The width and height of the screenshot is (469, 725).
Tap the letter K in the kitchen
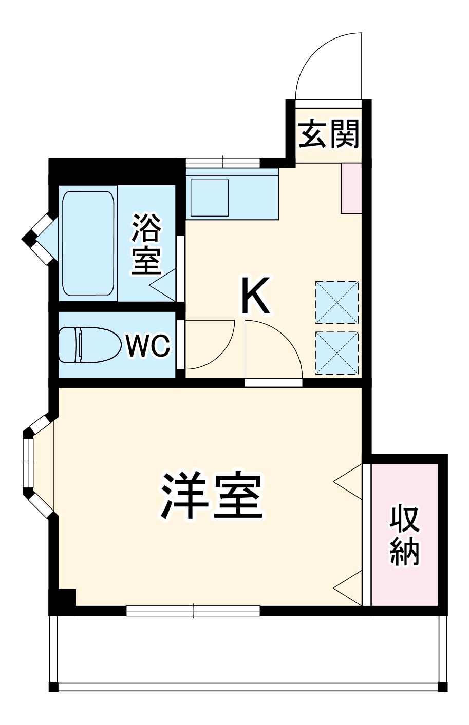pyautogui.click(x=255, y=296)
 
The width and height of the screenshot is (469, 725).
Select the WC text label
pyautogui.click(x=147, y=346)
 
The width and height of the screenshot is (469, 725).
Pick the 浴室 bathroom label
pyautogui.click(x=147, y=244)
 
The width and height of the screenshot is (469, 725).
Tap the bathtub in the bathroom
pyautogui.click(x=88, y=243)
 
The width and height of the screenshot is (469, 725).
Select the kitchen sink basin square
pyautogui.click(x=210, y=198)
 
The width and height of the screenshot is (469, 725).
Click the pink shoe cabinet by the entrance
pyautogui.click(x=352, y=188)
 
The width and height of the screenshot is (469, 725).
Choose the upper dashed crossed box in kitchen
pyautogui.click(x=336, y=302)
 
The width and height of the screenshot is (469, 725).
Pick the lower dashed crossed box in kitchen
pyautogui.click(x=336, y=354)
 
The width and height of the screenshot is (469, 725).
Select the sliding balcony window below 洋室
pyautogui.click(x=193, y=611)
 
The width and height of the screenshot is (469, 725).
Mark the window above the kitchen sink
pyautogui.click(x=223, y=162)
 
